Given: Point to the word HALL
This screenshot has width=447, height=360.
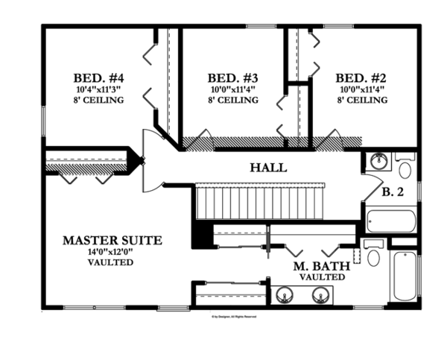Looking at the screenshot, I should [x=269, y=168].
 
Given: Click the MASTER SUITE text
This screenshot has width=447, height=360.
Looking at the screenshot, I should [x=111, y=240].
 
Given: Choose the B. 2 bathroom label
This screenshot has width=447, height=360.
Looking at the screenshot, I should [x=393, y=192].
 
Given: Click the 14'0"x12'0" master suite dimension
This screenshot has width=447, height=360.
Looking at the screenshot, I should [x=110, y=252].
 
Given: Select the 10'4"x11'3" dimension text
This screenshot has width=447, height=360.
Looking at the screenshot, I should [x=98, y=89].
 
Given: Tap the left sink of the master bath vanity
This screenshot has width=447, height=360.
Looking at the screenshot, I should [x=285, y=295].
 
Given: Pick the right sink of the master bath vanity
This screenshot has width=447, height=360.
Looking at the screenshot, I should [x=320, y=295].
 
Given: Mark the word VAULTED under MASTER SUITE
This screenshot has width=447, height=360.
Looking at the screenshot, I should [x=110, y=262].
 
